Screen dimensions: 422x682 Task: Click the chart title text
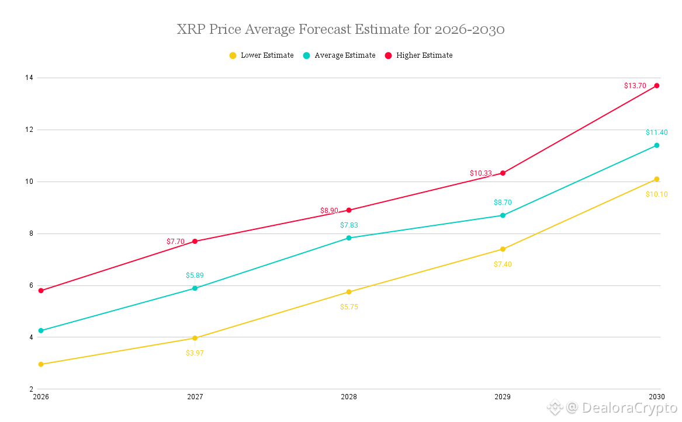tap(341, 29)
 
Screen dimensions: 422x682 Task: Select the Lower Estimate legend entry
tap(261, 55)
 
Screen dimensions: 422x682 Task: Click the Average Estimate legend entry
tap(339, 55)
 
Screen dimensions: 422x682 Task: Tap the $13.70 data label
tap(635, 86)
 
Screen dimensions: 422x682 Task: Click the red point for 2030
tap(657, 86)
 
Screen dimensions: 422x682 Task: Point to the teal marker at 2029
tap(503, 215)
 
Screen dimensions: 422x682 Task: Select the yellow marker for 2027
tap(195, 338)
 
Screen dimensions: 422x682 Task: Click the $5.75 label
tap(349, 306)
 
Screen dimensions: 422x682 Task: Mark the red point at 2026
tap(41, 291)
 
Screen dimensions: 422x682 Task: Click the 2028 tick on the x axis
tap(349, 397)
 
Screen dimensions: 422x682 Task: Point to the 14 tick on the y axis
tap(28, 78)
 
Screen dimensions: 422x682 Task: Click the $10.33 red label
tap(481, 173)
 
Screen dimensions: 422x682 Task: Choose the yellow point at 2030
tap(657, 179)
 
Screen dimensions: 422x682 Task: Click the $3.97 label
tap(195, 353)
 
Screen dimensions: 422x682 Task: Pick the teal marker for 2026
tap(41, 330)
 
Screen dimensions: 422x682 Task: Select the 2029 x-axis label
tap(503, 397)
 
